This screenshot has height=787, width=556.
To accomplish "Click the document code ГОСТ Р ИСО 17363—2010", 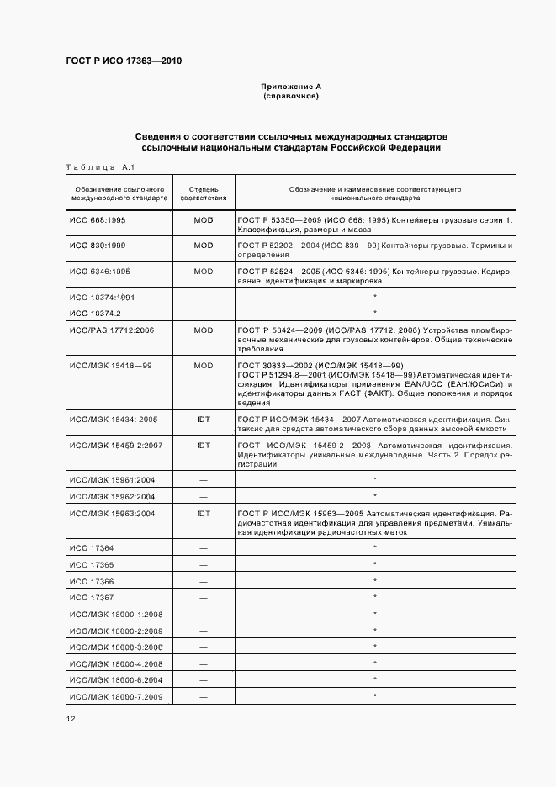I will coord(123,61).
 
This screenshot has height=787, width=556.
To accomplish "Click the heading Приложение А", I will coord(291,87).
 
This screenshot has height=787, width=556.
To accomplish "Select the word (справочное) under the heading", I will coord(291,96).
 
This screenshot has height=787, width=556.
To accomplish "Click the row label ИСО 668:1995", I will coord(98,219).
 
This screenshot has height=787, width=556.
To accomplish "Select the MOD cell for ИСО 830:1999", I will coord(203,246).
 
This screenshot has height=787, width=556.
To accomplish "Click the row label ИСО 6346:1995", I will coord(100,272).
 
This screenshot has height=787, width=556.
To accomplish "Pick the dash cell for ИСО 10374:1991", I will coord(203,298).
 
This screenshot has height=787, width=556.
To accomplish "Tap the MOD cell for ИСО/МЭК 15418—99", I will coord(203,366).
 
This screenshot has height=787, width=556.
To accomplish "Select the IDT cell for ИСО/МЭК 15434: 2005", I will coord(203,418).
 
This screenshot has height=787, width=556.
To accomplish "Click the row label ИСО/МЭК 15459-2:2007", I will coord(115,445).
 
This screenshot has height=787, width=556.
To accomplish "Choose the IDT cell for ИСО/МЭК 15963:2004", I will coord(203,512).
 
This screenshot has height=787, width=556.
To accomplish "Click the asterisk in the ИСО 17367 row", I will coord(374,597).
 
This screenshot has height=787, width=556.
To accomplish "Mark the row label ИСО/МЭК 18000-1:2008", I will coord(115,614).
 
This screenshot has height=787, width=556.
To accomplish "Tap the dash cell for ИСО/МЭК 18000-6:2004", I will coord(203,679).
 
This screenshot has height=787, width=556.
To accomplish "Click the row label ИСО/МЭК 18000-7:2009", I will coord(115,696).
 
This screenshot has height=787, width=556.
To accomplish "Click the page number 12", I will coord(71,719).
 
